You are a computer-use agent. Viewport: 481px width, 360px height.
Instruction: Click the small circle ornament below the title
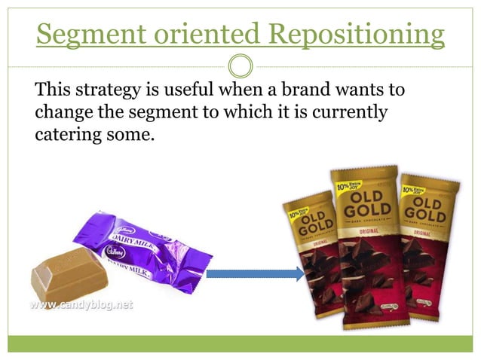[240, 66]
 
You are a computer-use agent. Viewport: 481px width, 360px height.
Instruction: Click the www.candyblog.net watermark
[81, 306]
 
